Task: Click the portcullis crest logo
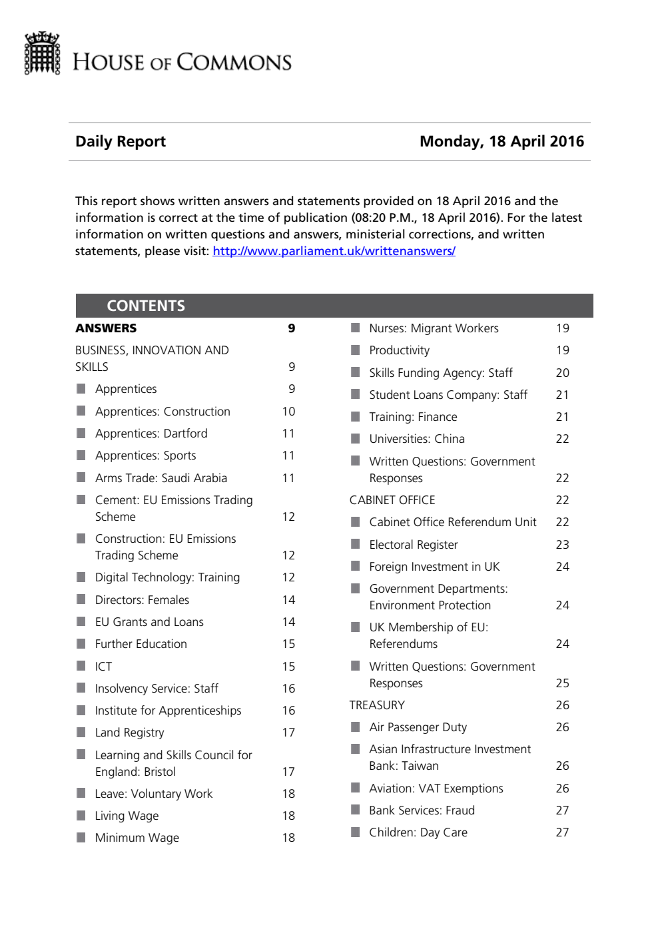tap(42, 53)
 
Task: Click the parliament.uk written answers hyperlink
tap(334, 251)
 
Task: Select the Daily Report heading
tap(121, 141)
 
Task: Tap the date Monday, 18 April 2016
tap(501, 141)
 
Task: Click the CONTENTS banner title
tap(146, 306)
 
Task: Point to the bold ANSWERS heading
tap(106, 328)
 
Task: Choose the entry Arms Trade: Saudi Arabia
tap(161, 478)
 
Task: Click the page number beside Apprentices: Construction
tap(288, 412)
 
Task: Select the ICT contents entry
tap(103, 667)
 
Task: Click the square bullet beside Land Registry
tap(81, 732)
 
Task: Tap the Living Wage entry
tap(127, 816)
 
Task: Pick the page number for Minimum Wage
tap(288, 838)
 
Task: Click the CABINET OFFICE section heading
tap(392, 500)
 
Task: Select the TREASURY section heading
tap(377, 705)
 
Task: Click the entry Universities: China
tap(417, 439)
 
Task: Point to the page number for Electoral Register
tap(562, 545)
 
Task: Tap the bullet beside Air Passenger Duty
tap(356, 727)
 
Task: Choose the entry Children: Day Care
tap(418, 832)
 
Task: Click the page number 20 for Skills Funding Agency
tap(562, 373)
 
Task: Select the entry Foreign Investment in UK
tap(434, 567)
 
